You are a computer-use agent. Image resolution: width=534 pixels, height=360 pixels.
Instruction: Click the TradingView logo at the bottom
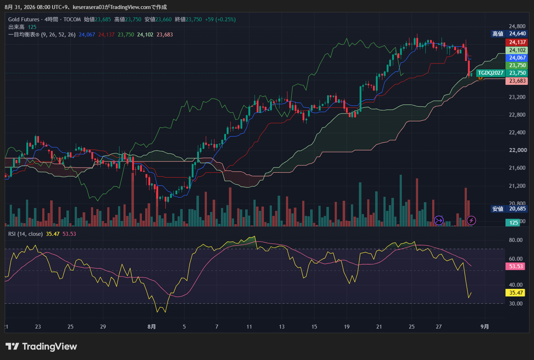(41, 346)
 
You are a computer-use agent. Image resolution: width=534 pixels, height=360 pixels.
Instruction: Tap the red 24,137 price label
(516, 42)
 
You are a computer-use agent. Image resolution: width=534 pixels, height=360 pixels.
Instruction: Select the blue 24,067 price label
(516, 58)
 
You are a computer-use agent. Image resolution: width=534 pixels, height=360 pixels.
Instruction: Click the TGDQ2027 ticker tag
(490, 73)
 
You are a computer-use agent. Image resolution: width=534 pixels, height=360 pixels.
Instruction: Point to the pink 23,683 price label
(516, 81)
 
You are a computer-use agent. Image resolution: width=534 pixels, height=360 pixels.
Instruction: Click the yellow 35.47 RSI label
(515, 292)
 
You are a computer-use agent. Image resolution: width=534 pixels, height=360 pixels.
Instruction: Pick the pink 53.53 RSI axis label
(515, 266)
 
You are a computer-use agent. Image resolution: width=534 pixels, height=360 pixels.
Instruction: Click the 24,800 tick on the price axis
(517, 26)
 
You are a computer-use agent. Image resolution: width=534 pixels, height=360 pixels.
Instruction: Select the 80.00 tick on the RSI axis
(516, 240)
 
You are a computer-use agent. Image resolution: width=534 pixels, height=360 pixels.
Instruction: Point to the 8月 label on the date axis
(151, 326)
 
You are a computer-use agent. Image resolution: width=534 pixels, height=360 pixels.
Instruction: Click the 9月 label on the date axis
(485, 326)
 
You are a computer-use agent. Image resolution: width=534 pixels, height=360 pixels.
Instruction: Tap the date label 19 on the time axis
(347, 326)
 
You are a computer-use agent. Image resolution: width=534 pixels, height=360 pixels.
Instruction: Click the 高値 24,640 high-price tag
(509, 34)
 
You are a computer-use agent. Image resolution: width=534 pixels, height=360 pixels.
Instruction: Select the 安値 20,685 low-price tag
(509, 209)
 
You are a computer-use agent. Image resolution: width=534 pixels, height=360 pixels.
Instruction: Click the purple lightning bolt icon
(471, 220)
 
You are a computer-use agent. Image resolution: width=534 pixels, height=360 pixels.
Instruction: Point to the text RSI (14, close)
(25, 234)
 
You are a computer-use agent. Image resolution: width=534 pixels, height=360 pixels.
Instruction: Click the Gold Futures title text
(24, 19)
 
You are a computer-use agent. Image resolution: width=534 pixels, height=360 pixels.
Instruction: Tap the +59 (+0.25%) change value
(220, 19)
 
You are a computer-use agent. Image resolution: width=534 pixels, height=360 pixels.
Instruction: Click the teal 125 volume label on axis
(514, 222)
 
